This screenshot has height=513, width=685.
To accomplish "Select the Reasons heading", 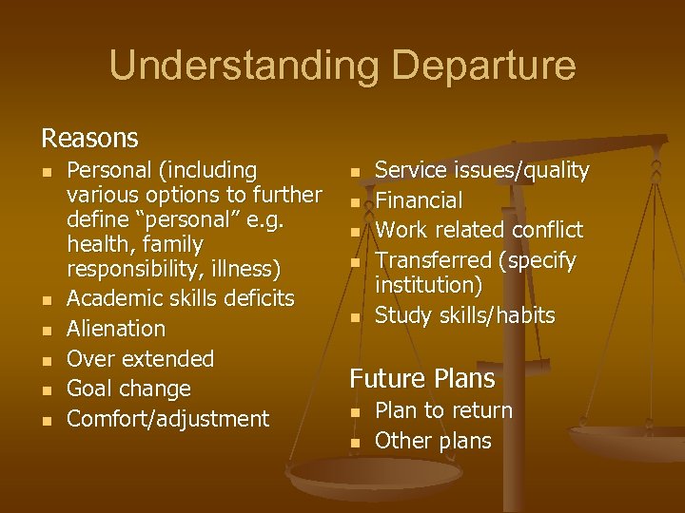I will [x=89, y=139].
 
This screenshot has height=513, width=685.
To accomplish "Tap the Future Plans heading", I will [x=422, y=379].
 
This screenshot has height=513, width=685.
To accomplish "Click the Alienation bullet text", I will [x=116, y=329].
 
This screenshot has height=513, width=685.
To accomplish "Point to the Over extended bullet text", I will [x=141, y=359].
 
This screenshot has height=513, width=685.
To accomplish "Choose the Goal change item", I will [x=128, y=389].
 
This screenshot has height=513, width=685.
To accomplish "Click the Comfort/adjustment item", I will [x=168, y=419].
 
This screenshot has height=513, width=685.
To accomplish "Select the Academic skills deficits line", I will [x=181, y=298].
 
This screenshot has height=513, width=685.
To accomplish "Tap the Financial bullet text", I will [x=419, y=200].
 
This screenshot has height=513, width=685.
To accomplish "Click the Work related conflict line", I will [x=479, y=230].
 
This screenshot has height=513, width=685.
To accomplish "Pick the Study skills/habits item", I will [x=465, y=315].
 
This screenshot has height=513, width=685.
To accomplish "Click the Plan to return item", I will [x=443, y=410].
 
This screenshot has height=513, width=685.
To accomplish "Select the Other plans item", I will [x=433, y=441].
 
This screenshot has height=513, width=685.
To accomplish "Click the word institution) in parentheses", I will [x=428, y=285].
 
